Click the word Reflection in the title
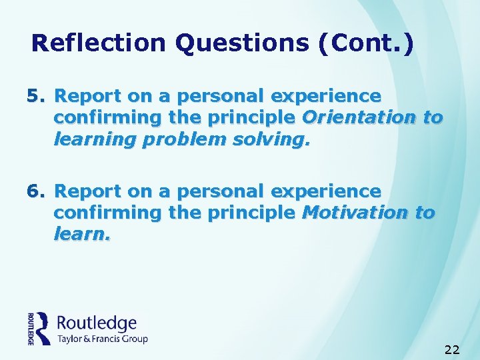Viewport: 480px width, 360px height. [99, 43]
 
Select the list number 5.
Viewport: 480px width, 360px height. [35, 96]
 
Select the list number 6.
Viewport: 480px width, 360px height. [35, 192]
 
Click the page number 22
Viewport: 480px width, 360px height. [452, 349]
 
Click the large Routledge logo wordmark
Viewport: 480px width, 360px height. [97, 323]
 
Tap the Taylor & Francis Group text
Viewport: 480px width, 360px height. [102, 339]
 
